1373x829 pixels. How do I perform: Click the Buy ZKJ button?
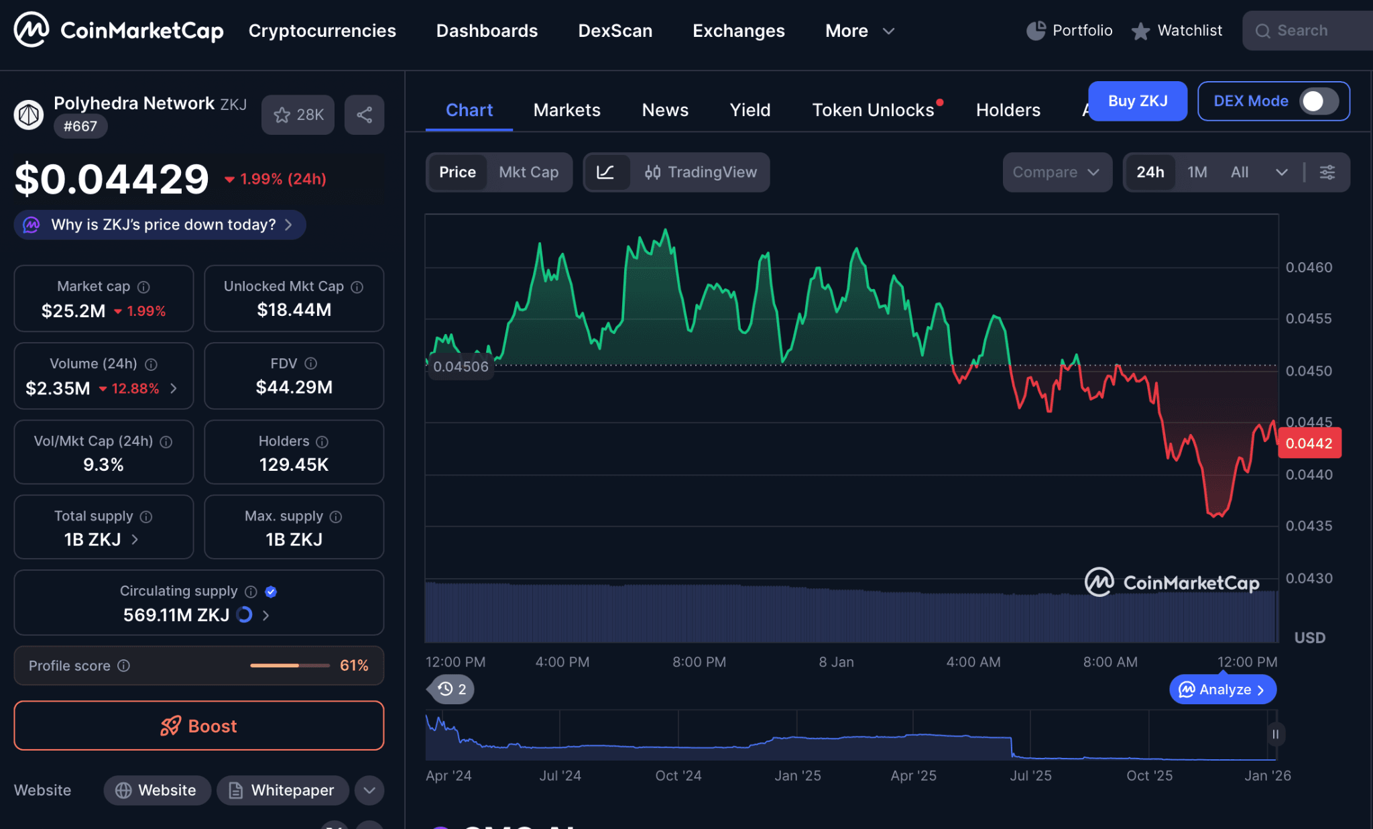coord(1137,101)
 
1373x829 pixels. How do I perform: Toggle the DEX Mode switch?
coord(1318,101)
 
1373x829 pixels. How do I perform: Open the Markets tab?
coord(566,110)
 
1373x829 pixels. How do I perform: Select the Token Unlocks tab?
coord(873,110)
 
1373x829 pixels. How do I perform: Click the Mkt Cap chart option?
coord(528,172)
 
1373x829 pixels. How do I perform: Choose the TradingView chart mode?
coord(701,172)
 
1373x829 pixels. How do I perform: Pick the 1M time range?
coord(1197,172)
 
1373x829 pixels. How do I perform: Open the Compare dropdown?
coord(1056,172)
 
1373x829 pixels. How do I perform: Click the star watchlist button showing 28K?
coord(298,115)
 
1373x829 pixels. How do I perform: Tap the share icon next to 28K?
coord(364,115)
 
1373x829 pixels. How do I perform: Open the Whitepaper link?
coord(282,790)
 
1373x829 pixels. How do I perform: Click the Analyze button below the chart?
coord(1222,689)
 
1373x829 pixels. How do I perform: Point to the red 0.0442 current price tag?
coord(1309,443)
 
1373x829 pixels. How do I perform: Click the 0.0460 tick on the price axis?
coord(1309,267)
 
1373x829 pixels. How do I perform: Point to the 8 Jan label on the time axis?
coord(836,662)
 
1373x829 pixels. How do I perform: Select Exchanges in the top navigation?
coord(738,31)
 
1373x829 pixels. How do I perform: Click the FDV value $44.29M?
coord(294,387)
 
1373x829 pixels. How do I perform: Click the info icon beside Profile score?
coord(124,665)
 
